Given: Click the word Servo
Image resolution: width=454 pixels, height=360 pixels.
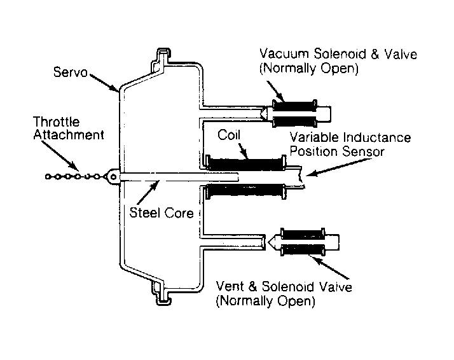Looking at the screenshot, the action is pyautogui.click(x=71, y=72).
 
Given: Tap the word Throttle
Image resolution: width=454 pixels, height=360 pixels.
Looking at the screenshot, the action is pyautogui.click(x=56, y=121).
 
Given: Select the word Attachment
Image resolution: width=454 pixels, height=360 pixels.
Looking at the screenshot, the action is pyautogui.click(x=69, y=135).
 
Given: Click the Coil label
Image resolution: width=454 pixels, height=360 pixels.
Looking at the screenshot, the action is pyautogui.click(x=229, y=135).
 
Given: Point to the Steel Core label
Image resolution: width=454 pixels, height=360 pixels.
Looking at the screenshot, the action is pyautogui.click(x=162, y=213).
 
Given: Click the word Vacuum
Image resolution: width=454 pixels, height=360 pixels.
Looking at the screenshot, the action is pyautogui.click(x=284, y=54).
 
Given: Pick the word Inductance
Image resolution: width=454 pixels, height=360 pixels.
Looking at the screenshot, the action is pyautogui.click(x=376, y=137).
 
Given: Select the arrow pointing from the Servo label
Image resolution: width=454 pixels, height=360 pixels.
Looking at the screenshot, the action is pyautogui.click(x=104, y=83).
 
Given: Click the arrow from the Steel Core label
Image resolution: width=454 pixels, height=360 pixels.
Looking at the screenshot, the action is pyautogui.click(x=148, y=192).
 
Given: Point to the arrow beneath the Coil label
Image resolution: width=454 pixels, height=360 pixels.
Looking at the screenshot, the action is pyautogui.click(x=243, y=151).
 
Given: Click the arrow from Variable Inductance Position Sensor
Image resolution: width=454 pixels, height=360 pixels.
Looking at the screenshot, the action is pyautogui.click(x=339, y=167).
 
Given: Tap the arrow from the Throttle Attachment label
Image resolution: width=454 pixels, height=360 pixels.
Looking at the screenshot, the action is pyautogui.click(x=60, y=156).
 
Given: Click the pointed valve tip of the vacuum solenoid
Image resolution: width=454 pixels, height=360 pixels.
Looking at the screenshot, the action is pyautogui.click(x=263, y=113).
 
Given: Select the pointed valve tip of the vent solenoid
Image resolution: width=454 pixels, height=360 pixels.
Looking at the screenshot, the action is pyautogui.click(x=272, y=242).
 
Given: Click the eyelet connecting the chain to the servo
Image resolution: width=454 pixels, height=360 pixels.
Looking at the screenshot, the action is pyautogui.click(x=113, y=176).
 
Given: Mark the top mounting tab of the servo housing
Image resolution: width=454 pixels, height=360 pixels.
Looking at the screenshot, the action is pyautogui.click(x=162, y=58).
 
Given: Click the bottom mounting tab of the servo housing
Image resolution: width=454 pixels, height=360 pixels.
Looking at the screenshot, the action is pyautogui.click(x=162, y=294).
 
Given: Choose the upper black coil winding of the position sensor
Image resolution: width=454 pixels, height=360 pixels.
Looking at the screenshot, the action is pyautogui.click(x=246, y=164).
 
